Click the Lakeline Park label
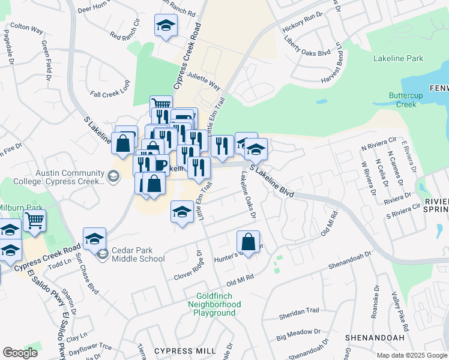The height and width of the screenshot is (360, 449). coord(398,58)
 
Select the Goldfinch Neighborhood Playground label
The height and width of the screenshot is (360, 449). coord(218,304)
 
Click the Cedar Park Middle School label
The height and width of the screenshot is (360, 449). coord(137,255)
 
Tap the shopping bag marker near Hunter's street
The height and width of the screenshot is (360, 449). coord(248,242)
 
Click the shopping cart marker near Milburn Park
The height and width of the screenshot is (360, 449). coord(35,221)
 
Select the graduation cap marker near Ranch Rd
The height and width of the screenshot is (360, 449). coord(166,25)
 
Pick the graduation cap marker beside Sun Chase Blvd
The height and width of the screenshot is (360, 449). coord(94,239)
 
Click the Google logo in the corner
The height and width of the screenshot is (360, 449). coord(20,352)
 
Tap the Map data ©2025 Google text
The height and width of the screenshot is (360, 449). coord(412,355)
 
